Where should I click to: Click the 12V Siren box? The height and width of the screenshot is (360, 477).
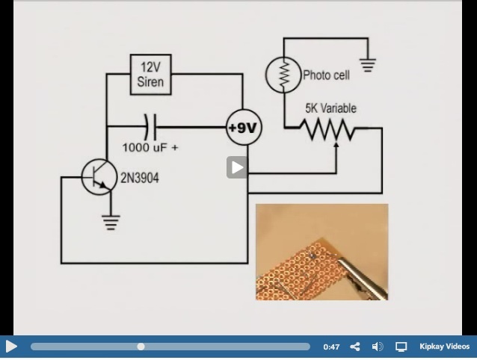(x=151, y=74)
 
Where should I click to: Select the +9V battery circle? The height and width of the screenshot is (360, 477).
(x=242, y=128)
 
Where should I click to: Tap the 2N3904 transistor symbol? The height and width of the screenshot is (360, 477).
(x=100, y=177)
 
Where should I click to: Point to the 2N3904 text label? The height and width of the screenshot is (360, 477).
(x=140, y=178)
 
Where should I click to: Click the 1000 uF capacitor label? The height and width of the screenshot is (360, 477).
(x=150, y=148)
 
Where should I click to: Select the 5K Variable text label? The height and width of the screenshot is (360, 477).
(x=330, y=108)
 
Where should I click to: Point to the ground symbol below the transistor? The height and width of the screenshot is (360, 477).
(x=111, y=220)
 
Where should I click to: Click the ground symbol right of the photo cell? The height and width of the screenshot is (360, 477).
(x=366, y=65)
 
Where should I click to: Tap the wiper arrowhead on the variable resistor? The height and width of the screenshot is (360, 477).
(x=336, y=143)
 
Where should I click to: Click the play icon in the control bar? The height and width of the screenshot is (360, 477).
(x=11, y=347)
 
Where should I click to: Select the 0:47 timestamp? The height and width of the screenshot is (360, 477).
(x=331, y=347)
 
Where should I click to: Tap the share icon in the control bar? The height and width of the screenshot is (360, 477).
(x=355, y=347)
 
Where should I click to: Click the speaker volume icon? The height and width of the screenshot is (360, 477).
(x=378, y=347)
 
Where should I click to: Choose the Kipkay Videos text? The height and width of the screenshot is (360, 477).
(x=444, y=347)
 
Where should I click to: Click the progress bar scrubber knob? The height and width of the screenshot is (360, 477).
(x=141, y=347)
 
